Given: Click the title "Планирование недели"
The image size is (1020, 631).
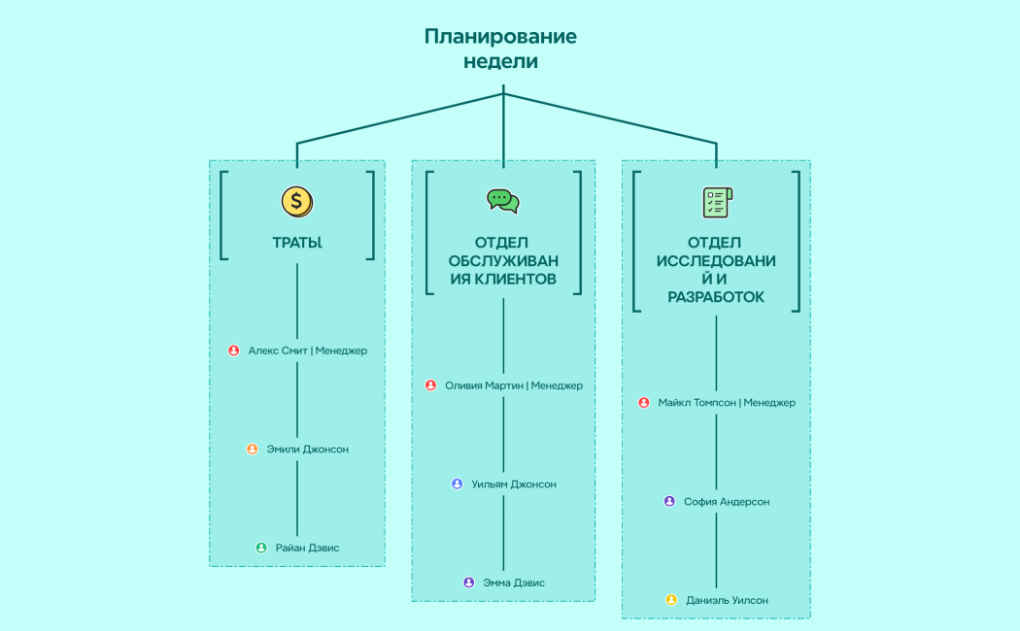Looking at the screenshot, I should (x=500, y=49).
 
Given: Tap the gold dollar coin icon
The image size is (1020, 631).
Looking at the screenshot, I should (x=297, y=201).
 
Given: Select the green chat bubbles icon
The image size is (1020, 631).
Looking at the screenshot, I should (x=503, y=201).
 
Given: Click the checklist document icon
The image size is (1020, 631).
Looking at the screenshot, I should (x=717, y=201).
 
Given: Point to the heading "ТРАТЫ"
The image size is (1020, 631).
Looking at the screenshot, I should (x=297, y=243).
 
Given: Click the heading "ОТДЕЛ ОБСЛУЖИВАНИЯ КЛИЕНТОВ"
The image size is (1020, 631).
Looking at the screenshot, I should (x=503, y=260).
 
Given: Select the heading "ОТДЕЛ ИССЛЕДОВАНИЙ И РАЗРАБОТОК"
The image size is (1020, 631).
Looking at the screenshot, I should (x=716, y=269).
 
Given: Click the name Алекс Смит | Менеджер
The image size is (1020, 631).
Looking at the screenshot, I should (x=308, y=350).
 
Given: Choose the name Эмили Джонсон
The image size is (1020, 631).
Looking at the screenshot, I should (x=307, y=449).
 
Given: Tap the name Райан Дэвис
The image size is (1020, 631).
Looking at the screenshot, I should (x=307, y=548).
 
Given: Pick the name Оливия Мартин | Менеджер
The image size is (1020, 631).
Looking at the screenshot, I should (x=513, y=385).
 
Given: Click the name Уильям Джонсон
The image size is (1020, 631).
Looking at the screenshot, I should (x=513, y=484).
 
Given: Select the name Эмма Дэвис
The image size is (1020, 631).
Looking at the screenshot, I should (x=514, y=582).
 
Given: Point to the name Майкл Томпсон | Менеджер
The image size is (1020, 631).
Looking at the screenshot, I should (x=727, y=403).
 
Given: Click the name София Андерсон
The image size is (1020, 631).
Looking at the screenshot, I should (x=727, y=502).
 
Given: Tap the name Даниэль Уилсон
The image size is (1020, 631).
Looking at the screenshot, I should (x=727, y=600).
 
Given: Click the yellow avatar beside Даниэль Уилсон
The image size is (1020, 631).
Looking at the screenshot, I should (x=671, y=600).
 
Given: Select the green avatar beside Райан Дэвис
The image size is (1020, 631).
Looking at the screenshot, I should (x=261, y=548).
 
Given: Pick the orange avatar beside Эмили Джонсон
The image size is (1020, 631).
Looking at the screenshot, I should (x=253, y=449).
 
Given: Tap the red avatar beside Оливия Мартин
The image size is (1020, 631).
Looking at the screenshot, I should (x=430, y=385).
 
